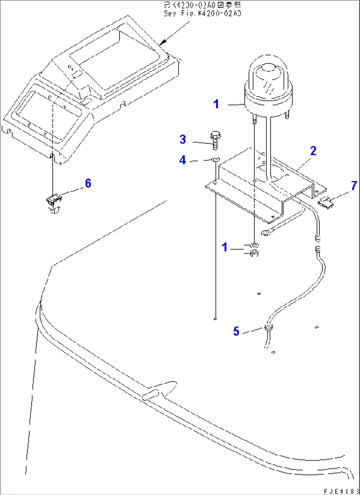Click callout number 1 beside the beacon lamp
coord(216,104)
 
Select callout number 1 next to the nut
coord(225,247)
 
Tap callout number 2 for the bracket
coord(313,151)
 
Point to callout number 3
coord(183,139)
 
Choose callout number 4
coord(183,160)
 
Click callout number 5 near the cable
coord(236,331)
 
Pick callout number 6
coord(88,183)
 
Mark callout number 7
coord(354,186)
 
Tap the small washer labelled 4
coord(215,160)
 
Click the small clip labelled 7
coord(326,202)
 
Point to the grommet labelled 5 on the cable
coord(268,328)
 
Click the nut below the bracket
coord(254,253)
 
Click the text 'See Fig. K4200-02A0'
coord(202,14)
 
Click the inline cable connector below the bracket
coord(318,243)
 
